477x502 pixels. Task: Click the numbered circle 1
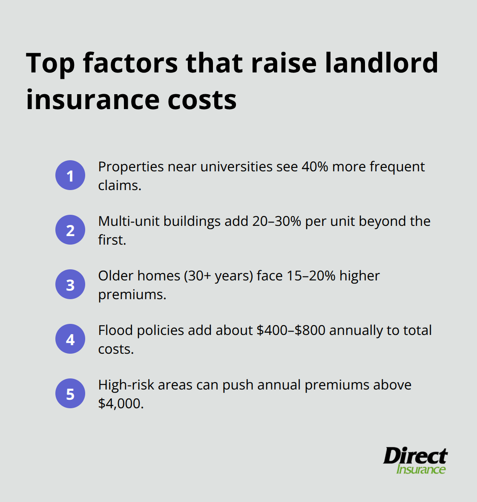click(70, 175)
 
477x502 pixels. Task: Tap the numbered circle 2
click(70, 230)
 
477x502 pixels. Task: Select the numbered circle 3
click(70, 284)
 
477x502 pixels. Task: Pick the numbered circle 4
click(70, 339)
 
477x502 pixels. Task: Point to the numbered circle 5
click(70, 393)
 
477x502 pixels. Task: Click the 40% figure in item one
click(315, 167)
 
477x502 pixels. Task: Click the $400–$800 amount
click(291, 330)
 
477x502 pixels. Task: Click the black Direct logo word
click(415, 456)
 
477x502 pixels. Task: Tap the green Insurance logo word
click(421, 470)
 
